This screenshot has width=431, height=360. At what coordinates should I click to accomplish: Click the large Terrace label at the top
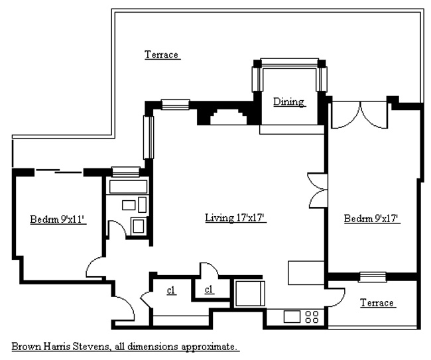pos(162,54)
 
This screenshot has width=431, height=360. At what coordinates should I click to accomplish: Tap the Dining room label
pos(289,101)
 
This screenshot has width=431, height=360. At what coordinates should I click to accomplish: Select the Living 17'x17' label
pos(236,218)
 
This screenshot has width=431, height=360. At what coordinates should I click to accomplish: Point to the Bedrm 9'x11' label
pos(58,219)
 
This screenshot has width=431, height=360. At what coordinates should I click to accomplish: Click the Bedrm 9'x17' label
pos(372,219)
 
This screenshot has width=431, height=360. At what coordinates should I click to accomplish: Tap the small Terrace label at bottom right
pos(378,302)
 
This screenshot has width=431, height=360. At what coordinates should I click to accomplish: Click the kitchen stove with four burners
pos(312,317)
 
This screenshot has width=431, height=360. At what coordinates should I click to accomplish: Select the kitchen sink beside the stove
pos(292,316)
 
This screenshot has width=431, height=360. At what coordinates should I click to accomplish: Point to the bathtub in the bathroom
pos(128,187)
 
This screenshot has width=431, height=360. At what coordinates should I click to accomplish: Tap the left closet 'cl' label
pos(171,290)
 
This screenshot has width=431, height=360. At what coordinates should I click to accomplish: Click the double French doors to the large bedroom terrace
pos(360,115)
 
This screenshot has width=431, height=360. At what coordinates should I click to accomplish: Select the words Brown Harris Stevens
pos(60,347)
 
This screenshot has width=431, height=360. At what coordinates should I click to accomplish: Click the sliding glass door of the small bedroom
pos(59,171)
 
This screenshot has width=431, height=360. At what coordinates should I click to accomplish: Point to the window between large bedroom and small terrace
pos(373,276)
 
